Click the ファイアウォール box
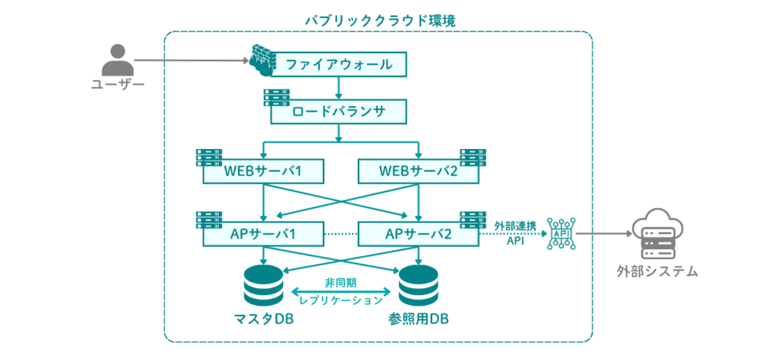point(339,64)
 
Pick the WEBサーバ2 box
point(418,171)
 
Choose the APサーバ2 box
point(418,234)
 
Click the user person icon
point(117,60)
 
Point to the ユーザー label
point(117,84)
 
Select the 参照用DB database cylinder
point(418,284)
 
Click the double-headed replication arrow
point(340,291)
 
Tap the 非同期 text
point(340,281)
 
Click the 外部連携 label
point(514,225)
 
